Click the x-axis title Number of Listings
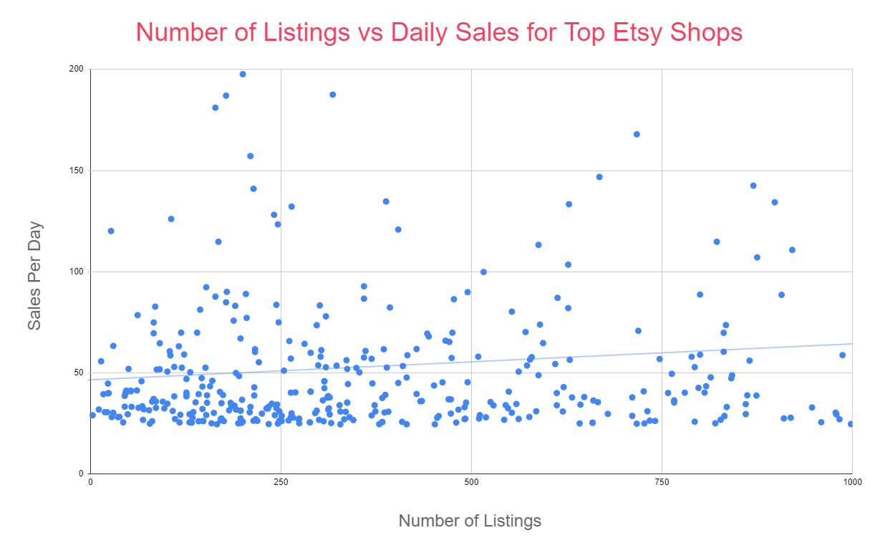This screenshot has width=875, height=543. point(470,521)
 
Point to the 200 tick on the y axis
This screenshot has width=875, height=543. point(77,69)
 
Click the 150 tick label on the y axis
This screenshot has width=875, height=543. point(77,170)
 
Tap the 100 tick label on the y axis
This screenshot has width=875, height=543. point(77,271)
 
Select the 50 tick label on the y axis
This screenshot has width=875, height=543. point(79,373)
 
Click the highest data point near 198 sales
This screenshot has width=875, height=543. point(243,74)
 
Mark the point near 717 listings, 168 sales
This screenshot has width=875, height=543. point(637,134)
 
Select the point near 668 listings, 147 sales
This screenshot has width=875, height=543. point(599,177)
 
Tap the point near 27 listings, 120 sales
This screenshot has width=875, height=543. point(111,231)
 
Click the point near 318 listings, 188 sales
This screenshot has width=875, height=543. point(332,95)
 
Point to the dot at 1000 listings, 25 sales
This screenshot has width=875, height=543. point(851,423)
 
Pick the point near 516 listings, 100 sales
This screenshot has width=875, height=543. point(483,271)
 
